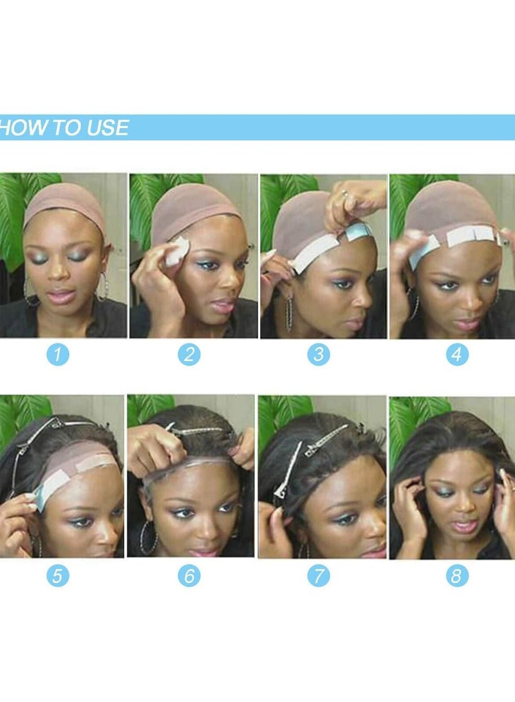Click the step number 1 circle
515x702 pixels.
tap(57, 354)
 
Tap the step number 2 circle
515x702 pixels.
tap(189, 354)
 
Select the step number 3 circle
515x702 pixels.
tap(318, 354)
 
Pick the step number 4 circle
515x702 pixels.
tap(456, 354)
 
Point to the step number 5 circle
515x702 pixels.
tap(57, 575)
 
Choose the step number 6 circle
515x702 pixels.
tap(189, 575)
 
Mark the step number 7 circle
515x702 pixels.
tap(318, 575)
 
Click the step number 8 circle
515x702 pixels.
tap(456, 575)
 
